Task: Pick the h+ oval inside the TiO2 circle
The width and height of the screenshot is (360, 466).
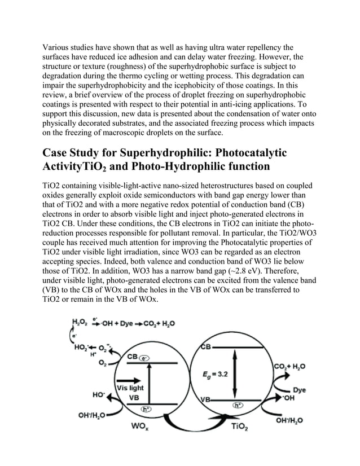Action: (x=239, y=405)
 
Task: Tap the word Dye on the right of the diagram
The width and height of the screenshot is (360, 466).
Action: (x=299, y=389)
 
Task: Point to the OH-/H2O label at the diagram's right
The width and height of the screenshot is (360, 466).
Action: (x=289, y=420)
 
